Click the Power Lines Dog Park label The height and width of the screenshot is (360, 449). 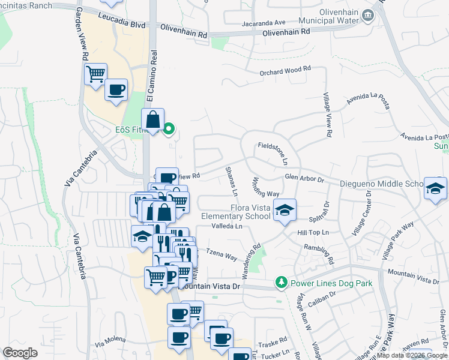(331, 283)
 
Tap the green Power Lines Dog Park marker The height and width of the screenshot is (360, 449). (280, 282)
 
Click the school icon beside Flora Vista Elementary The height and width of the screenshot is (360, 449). (285, 209)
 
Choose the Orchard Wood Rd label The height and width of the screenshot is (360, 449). (285, 70)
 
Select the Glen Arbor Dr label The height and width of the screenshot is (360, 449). (304, 179)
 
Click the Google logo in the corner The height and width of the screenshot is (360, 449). (20, 352)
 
